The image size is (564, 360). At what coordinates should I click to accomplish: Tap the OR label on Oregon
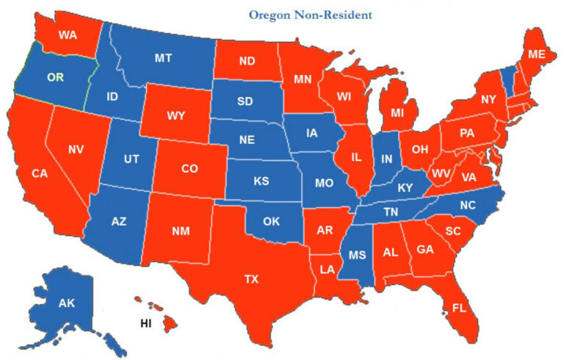pos(56,76)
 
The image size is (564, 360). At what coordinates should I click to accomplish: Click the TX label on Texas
pos(252,278)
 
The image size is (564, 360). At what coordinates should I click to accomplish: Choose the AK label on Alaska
pos(67,303)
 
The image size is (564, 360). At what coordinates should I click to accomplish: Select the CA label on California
pos(40,173)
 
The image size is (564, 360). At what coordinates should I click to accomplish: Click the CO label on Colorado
pos(189,168)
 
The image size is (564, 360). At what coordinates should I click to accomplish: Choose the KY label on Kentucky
pos(405,188)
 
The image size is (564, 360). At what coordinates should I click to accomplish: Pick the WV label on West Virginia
pos(440,172)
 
